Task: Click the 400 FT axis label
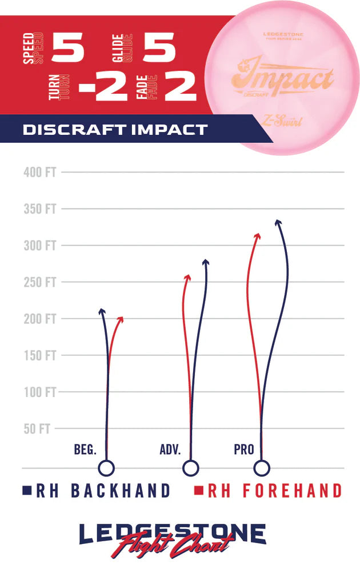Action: pyautogui.click(x=39, y=172)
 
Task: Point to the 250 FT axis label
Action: pyautogui.click(x=39, y=282)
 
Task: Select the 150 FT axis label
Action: pyautogui.click(x=39, y=355)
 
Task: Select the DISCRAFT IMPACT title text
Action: pyautogui.click(x=115, y=130)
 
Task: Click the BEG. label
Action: pyautogui.click(x=85, y=450)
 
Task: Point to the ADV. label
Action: pyautogui.click(x=170, y=450)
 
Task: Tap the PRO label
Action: pyautogui.click(x=244, y=450)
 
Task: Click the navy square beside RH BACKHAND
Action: pyautogui.click(x=26, y=490)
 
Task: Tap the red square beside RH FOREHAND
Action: pyautogui.click(x=199, y=490)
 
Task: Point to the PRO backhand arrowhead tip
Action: pyautogui.click(x=278, y=222)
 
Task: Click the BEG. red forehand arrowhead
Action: pyautogui.click(x=120, y=319)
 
